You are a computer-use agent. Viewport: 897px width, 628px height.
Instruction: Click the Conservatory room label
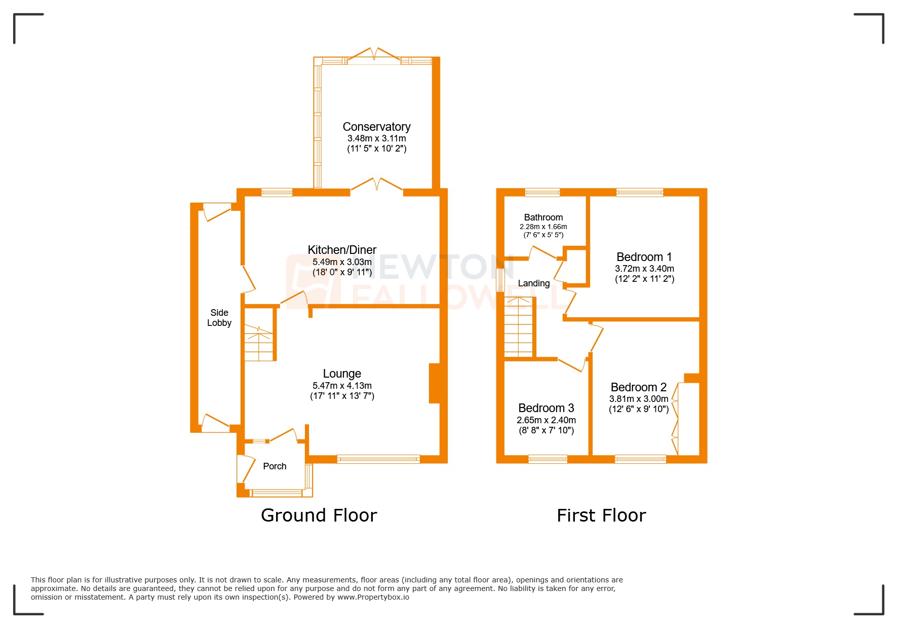376,127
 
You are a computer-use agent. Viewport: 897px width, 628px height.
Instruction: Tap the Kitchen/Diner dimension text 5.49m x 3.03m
342,262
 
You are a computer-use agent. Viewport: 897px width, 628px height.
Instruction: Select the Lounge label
342,374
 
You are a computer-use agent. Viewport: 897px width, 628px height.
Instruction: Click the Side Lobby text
219,318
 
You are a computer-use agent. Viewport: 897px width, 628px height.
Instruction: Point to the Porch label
275,466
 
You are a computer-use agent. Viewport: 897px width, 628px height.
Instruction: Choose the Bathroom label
543,217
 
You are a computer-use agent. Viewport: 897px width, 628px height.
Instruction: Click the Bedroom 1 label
644,257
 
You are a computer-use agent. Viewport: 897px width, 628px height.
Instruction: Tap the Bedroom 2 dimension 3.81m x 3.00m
638,399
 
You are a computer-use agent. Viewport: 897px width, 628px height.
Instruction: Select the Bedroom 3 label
546,408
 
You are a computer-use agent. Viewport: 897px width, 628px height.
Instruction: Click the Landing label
533,283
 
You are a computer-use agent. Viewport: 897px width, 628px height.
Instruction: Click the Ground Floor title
319,515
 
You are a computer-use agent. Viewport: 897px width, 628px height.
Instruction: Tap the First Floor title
601,515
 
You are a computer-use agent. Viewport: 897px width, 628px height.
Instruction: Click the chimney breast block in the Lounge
434,383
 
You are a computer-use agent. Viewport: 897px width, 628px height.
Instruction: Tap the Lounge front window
378,459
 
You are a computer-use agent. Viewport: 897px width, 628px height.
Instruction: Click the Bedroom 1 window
639,192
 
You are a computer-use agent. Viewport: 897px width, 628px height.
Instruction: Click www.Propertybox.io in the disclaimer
373,597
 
